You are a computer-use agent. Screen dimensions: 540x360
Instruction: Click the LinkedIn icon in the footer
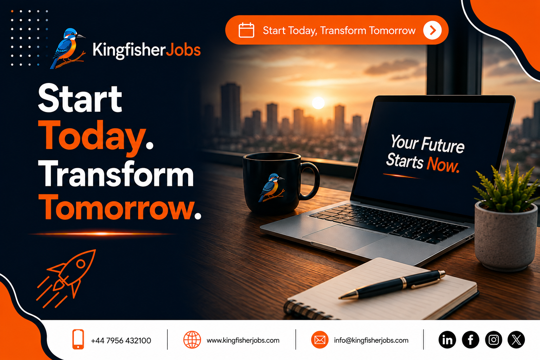point(447,340)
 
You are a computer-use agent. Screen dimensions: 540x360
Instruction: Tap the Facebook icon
point(470,340)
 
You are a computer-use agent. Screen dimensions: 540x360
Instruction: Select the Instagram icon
point(494,340)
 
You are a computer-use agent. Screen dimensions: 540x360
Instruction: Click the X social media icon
point(516,340)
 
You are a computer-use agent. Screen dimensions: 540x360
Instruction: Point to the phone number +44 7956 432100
point(121,340)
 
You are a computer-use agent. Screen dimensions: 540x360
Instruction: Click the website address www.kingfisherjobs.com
point(243,340)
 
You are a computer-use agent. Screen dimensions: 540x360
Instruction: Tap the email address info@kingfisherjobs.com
point(371,340)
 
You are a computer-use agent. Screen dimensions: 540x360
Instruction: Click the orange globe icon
point(192,340)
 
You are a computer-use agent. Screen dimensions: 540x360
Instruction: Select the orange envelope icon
point(320,340)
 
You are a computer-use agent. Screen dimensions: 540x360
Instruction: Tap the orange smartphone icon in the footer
point(78,339)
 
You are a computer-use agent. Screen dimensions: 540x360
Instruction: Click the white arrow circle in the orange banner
point(432,30)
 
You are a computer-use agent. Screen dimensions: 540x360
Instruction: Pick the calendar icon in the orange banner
point(246,30)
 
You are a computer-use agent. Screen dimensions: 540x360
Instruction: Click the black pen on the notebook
point(392,284)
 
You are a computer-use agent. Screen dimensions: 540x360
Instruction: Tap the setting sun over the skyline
point(318,103)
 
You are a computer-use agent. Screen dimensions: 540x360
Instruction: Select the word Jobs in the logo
point(184,50)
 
